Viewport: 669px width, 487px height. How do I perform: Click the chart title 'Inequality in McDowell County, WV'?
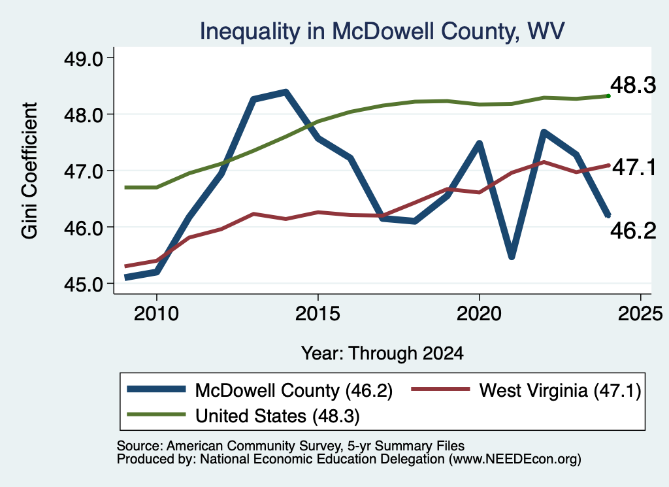(x=382, y=31)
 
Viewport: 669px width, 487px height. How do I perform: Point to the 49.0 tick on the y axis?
(x=83, y=58)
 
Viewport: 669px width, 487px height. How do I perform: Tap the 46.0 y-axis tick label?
(x=83, y=227)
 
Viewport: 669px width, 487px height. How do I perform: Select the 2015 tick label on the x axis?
(x=318, y=314)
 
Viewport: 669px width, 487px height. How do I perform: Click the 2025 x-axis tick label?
(x=640, y=314)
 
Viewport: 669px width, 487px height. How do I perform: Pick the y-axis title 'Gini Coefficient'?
(x=29, y=171)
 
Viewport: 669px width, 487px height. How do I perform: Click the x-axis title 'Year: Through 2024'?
(x=382, y=354)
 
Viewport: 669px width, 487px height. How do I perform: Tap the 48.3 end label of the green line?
(x=632, y=85)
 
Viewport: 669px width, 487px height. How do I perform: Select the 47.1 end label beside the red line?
(x=634, y=167)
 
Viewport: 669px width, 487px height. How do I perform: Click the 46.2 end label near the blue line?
(x=632, y=231)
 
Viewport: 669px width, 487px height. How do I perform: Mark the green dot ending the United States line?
(x=608, y=96)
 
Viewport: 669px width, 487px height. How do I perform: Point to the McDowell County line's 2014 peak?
(x=286, y=92)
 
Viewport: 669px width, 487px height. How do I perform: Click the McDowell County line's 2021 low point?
(x=512, y=256)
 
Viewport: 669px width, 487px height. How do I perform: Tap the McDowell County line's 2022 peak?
(x=544, y=132)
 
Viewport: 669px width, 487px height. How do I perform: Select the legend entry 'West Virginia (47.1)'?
(x=526, y=390)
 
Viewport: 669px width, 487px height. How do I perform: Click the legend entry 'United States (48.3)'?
(x=243, y=416)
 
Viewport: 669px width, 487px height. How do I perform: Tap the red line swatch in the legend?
(x=440, y=389)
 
